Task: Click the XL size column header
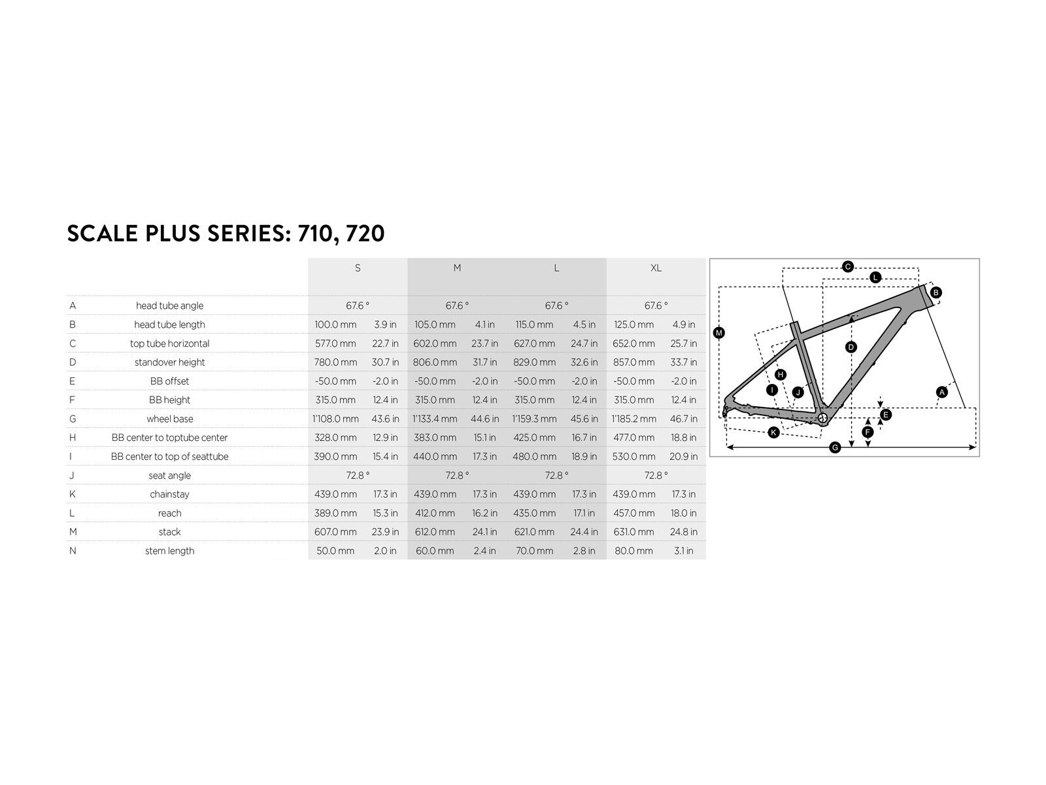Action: [x=656, y=268]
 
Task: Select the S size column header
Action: [x=358, y=268]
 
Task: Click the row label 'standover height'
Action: [x=169, y=362]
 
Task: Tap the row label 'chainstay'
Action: [x=169, y=495]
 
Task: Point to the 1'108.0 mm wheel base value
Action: [x=335, y=419]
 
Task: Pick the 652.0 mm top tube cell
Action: [x=633, y=343]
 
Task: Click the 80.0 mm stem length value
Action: [x=633, y=551]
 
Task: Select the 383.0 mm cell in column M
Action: [x=435, y=438]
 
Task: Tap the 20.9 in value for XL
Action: [x=683, y=457]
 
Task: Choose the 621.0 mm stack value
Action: [x=534, y=532]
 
